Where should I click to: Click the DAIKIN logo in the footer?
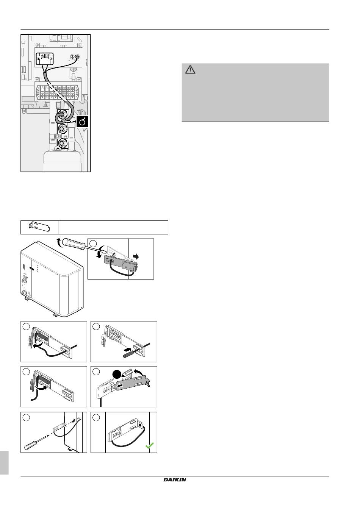[175, 480]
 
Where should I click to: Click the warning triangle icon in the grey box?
[190, 70]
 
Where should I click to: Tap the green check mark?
[149, 446]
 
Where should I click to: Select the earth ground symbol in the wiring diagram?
[72, 57]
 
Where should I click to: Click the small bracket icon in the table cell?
[39, 227]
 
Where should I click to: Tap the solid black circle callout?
[117, 375]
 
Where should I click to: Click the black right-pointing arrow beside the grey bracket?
[136, 256]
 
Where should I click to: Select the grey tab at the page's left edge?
[4, 462]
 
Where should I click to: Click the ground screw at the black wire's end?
[77, 57]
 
